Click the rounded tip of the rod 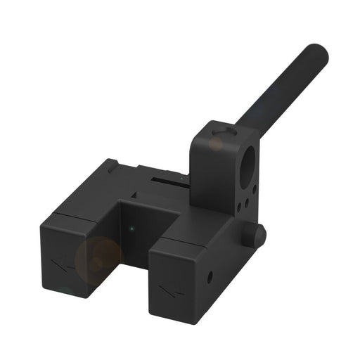[x=318, y=53]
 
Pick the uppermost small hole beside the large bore [x=252, y=189]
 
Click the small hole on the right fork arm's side [x=210, y=276]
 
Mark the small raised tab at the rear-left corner [x=110, y=165]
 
